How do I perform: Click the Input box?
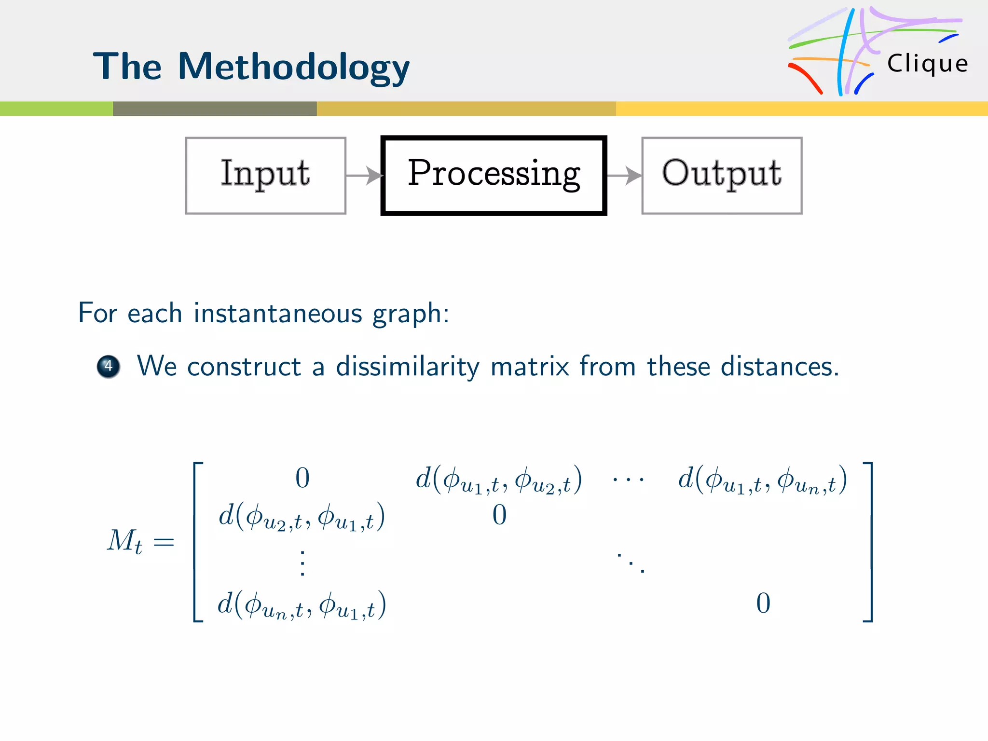[265, 175]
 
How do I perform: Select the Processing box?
[494, 175]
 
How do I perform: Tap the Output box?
[722, 175]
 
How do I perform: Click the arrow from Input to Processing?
[364, 176]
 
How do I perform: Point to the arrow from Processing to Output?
[624, 176]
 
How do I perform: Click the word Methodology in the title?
[293, 67]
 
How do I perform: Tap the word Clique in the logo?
[927, 64]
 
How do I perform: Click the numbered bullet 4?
[109, 367]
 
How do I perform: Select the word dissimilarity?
[408, 367]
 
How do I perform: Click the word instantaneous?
[278, 313]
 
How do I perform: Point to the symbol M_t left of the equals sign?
[124, 541]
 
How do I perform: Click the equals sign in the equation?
[164, 542]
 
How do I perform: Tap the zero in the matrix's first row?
[302, 479]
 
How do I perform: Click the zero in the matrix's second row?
[499, 515]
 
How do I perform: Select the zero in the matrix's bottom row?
[763, 604]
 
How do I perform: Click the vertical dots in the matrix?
[302, 563]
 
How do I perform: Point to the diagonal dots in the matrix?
[631, 563]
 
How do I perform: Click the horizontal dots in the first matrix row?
[628, 480]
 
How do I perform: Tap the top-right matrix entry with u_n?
[762, 480]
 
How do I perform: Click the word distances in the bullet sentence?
[779, 367]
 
